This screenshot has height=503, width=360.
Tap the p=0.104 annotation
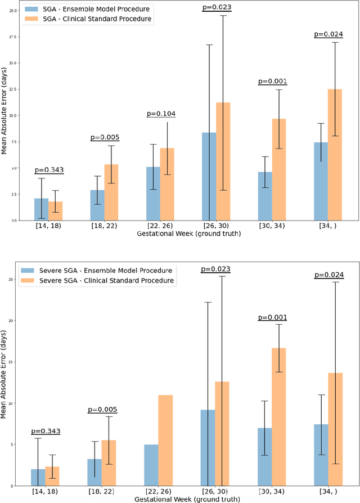coord(160,114)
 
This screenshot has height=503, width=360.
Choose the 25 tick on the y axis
coord(12,279)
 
